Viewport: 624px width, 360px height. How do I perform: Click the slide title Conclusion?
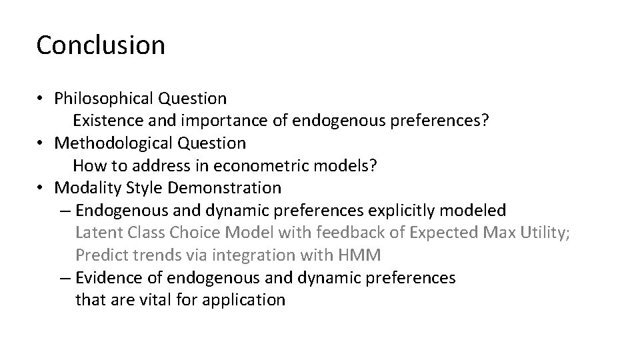101,45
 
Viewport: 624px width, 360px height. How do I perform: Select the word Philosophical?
104,99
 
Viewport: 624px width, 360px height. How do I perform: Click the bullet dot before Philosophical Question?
41,99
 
